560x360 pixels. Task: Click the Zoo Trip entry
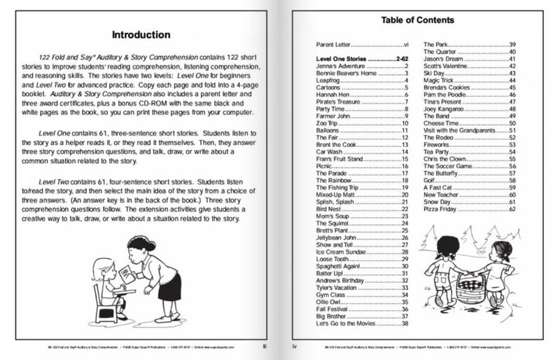click(328, 123)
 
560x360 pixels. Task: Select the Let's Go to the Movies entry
click(349, 324)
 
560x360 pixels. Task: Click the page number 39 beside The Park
click(512, 44)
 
